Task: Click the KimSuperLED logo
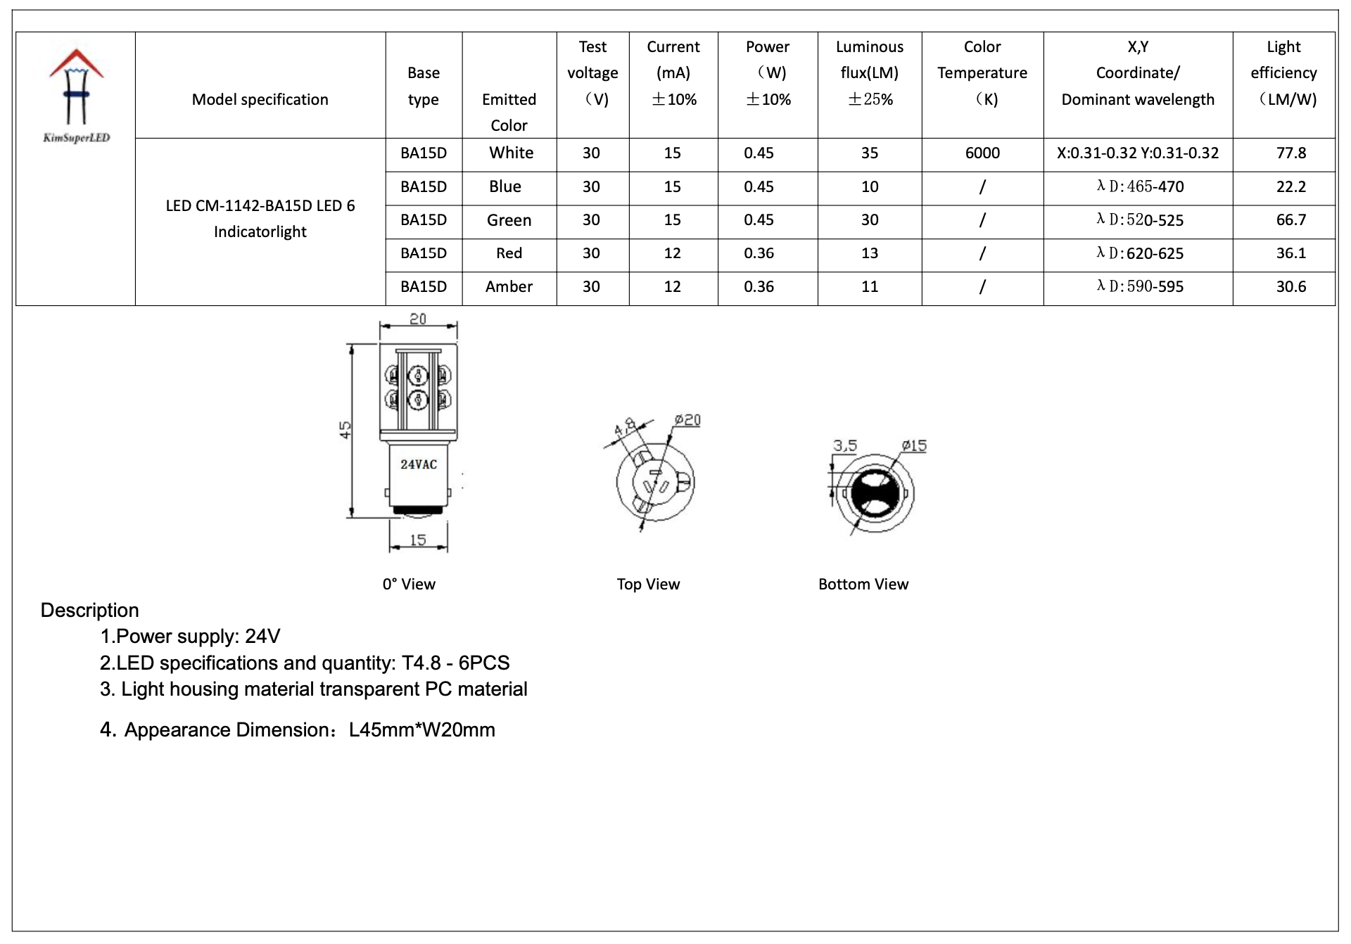pos(76,95)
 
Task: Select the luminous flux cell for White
pos(869,153)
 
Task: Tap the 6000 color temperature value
pos(982,153)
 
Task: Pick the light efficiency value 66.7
pos(1290,220)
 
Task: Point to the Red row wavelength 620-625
pos(1140,253)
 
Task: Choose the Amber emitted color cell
pos(509,287)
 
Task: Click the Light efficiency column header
pos(1283,73)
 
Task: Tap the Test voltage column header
pos(592,73)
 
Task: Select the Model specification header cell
pos(260,100)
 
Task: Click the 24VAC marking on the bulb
pos(419,464)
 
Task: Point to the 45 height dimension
pos(345,429)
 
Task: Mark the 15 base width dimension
pos(418,540)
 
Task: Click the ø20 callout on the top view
pos(687,420)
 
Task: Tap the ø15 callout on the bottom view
pos(914,445)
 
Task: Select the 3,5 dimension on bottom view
pos(845,445)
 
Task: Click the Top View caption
pos(648,584)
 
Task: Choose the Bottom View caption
pos(863,584)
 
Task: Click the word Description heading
pos(89,610)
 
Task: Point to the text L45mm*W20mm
pos(421,729)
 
